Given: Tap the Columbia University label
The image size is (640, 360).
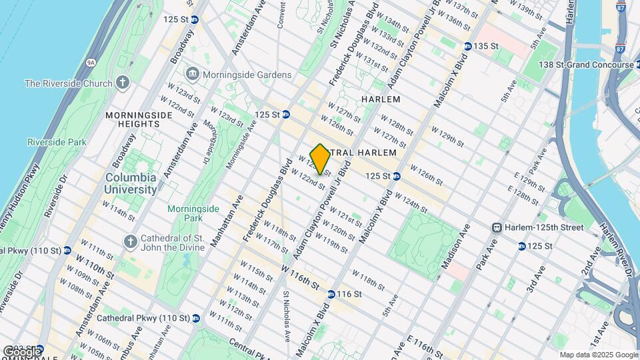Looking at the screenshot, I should [x=130, y=183].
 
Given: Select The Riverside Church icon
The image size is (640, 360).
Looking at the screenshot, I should [x=122, y=83].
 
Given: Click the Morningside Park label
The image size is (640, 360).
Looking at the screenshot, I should [x=193, y=213].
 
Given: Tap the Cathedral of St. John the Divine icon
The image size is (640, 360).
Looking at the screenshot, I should [x=130, y=240].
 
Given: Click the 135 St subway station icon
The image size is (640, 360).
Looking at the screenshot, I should [x=469, y=46].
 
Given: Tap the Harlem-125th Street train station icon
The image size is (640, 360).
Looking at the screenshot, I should [x=496, y=228].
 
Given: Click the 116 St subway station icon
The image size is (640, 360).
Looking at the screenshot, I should [x=331, y=294].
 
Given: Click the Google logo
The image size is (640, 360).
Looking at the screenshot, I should [x=21, y=351].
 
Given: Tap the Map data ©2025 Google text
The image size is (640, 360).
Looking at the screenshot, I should [x=598, y=355].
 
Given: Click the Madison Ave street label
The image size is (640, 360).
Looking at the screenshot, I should [x=457, y=246].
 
